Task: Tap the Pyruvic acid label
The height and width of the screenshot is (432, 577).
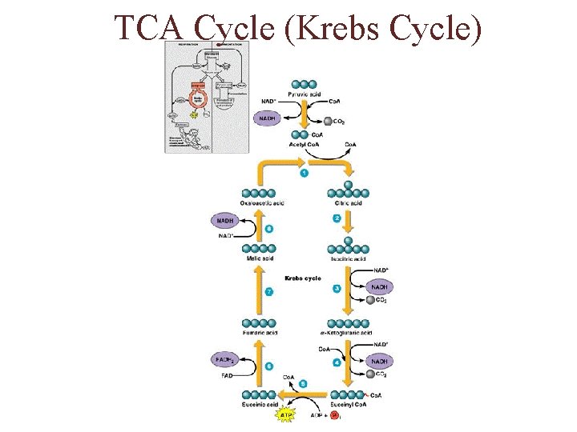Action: point(305,94)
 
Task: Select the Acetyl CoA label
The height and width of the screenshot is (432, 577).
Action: point(305,145)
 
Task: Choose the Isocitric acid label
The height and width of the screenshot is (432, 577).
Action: point(348,259)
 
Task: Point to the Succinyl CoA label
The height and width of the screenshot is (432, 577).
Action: point(349,406)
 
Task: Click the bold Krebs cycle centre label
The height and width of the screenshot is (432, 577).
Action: point(303,278)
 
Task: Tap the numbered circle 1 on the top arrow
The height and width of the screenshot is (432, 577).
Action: point(304,174)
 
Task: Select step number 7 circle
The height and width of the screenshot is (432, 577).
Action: point(269,292)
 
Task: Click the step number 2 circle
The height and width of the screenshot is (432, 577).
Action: point(337,218)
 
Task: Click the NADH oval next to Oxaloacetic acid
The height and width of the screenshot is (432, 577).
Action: point(225,221)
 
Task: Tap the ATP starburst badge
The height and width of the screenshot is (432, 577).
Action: point(285,416)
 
